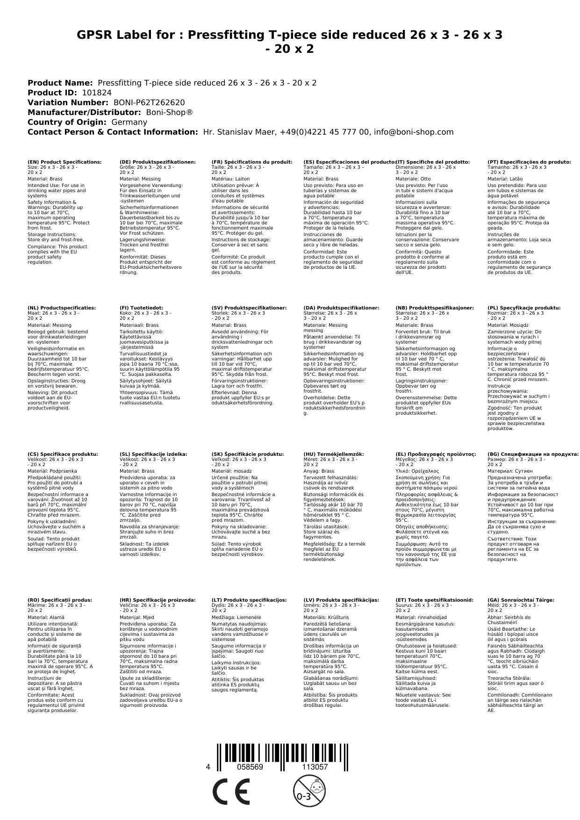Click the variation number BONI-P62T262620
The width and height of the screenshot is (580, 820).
149,102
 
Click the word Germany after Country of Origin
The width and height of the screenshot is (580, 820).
129,122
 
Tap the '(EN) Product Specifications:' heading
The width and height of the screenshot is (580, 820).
64,162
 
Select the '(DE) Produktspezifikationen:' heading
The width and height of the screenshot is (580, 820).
158,162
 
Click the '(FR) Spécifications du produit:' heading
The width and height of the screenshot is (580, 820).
252,162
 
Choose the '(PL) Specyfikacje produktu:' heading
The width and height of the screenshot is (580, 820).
524,308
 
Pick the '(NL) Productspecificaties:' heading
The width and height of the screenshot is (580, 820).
62,308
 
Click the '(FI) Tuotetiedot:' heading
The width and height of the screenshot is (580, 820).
145,308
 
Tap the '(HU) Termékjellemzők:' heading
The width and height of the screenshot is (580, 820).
333,454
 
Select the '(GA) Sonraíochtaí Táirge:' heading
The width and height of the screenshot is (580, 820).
521,600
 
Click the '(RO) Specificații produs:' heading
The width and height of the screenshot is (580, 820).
60,600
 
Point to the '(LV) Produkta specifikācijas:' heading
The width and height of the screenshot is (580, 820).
341,600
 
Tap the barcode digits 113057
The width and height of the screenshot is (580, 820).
315,767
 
